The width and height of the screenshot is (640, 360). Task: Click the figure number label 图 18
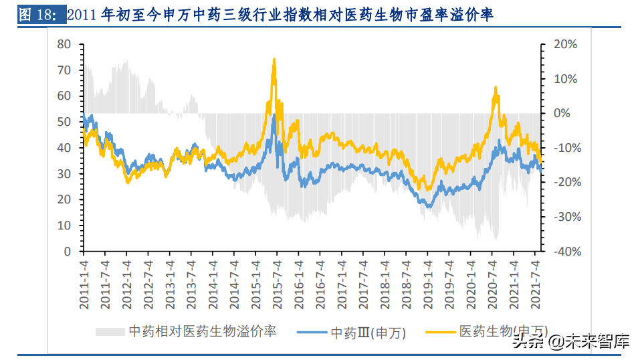37,15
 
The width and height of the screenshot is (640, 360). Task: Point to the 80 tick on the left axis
64,44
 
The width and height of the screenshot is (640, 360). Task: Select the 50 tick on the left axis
64,122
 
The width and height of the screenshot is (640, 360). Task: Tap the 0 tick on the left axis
68,252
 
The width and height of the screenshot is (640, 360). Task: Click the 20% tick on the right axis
566,44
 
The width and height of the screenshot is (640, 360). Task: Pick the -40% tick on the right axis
563,252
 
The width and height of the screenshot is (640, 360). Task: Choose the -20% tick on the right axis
563,182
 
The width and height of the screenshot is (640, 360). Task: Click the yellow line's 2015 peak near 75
274,60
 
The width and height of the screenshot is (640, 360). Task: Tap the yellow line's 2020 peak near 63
495,88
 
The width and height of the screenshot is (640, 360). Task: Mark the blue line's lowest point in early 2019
429,206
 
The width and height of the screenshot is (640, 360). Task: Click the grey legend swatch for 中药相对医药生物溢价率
110,331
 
